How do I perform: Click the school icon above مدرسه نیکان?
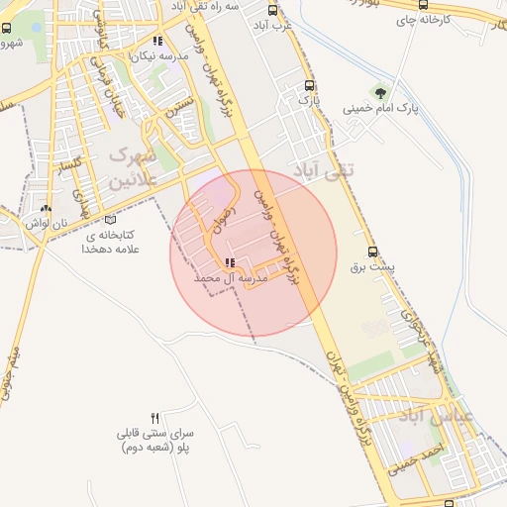[156, 41]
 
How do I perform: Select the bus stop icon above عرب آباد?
[272, 11]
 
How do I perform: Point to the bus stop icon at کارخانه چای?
[424, 4]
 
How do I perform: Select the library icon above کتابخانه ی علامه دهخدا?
[109, 220]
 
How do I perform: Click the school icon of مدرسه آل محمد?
[230, 263]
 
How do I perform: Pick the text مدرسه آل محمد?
[233, 279]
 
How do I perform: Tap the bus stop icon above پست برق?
[372, 251]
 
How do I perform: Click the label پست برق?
[372, 266]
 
